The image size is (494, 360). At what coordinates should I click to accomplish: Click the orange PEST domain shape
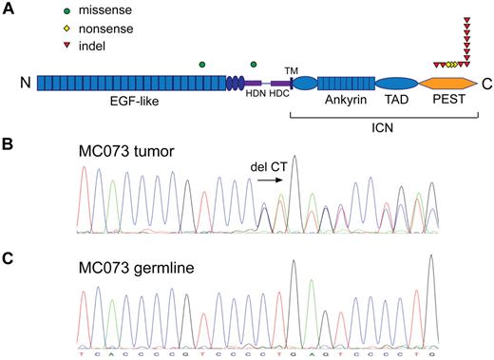click(x=449, y=85)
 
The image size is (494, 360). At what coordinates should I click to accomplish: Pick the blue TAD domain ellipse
click(x=397, y=85)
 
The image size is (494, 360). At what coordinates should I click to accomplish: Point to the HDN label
click(x=256, y=104)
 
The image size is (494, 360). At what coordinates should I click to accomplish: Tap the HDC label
click(x=279, y=104)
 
